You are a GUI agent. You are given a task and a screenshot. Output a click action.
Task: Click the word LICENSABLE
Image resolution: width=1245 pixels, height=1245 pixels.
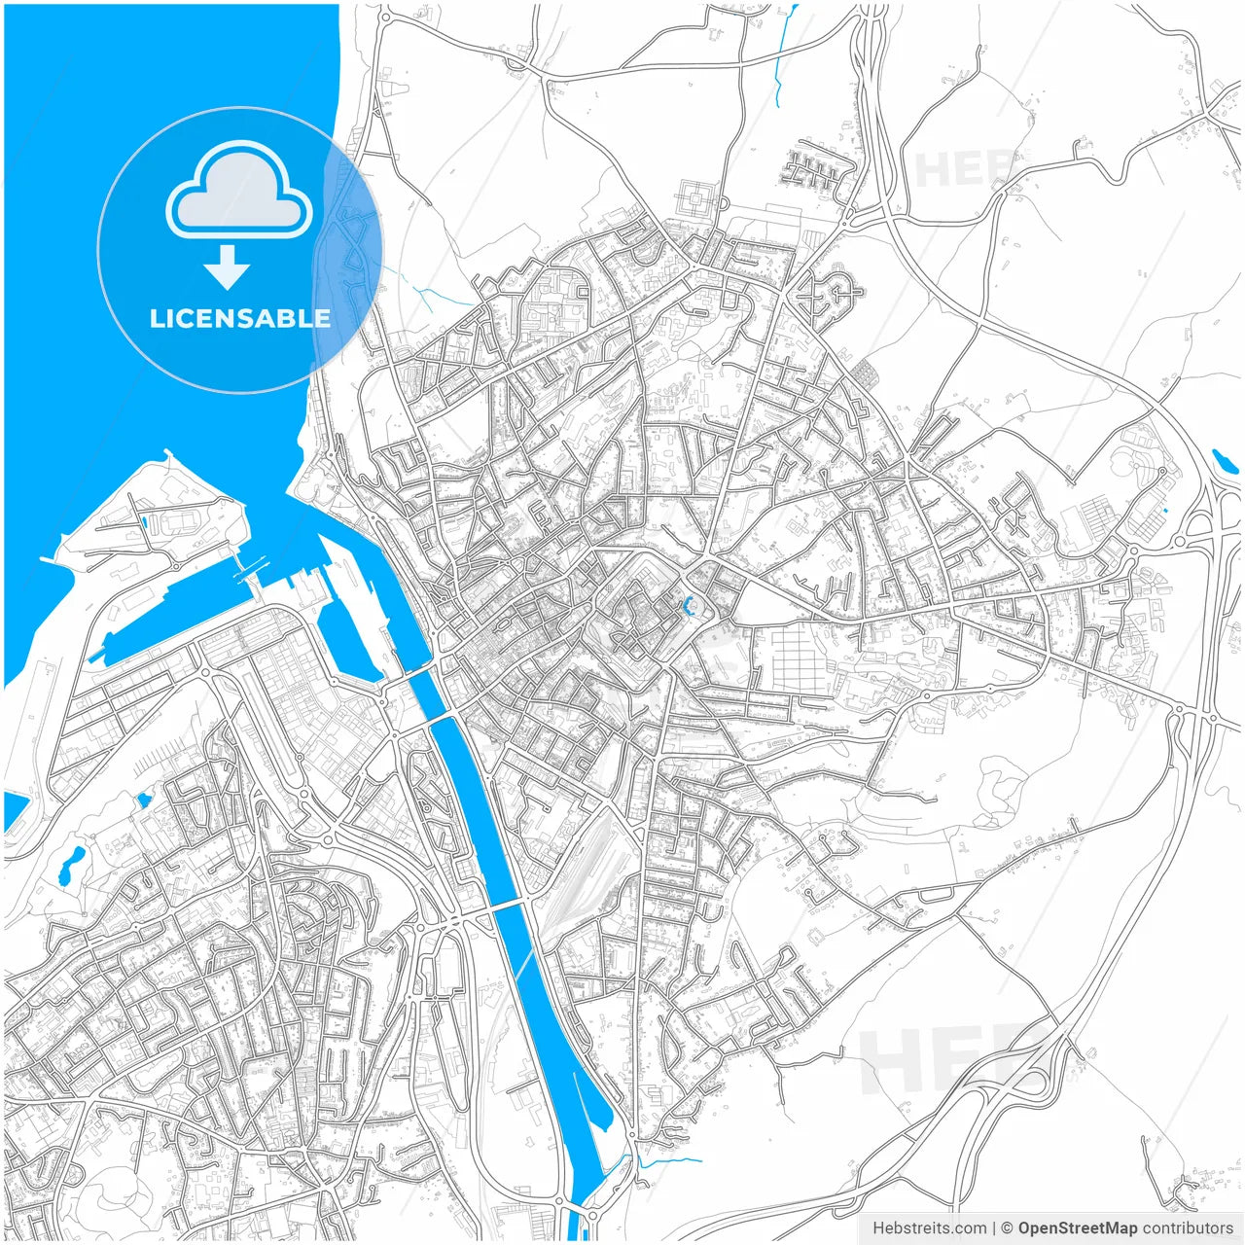point(239,318)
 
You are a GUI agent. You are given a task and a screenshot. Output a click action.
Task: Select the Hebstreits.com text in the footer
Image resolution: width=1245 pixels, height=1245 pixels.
point(929,1228)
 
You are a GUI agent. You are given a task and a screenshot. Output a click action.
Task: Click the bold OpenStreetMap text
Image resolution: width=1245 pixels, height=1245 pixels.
point(1077,1228)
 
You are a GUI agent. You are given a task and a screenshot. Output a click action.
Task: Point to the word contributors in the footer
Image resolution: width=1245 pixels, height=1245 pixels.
point(1188,1228)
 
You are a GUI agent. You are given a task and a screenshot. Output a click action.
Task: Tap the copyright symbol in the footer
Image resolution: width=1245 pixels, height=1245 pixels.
point(1008,1228)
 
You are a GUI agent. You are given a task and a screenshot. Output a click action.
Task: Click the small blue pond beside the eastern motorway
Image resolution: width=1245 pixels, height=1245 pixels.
point(1219,458)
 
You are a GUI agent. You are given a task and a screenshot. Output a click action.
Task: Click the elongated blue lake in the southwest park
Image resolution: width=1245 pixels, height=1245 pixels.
point(71,865)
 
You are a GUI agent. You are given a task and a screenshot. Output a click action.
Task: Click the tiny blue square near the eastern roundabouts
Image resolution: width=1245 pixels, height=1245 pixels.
point(1164,510)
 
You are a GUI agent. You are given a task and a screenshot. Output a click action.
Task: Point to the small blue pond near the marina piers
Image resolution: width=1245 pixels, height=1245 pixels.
point(144,800)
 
